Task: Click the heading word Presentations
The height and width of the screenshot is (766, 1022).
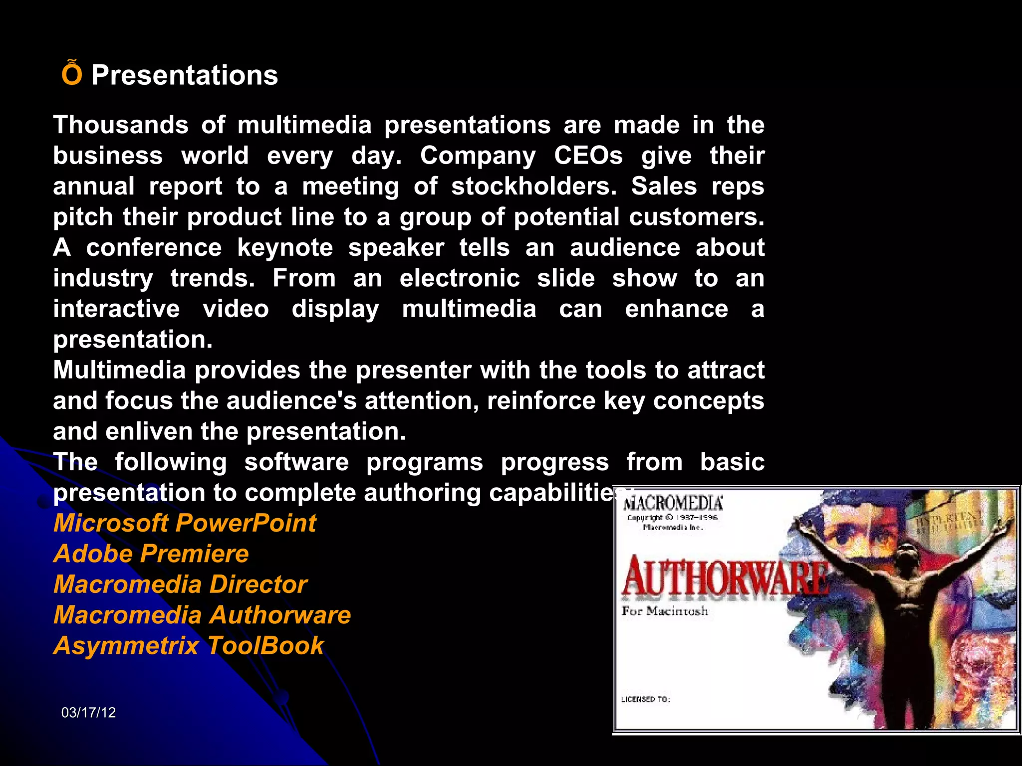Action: pos(184,76)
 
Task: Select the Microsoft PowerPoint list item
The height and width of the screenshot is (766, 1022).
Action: pos(185,523)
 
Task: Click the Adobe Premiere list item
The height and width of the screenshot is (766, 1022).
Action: pos(151,554)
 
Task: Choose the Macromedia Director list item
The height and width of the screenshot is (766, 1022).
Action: pos(180,584)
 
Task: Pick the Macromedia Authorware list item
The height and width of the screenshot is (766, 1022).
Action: pos(202,615)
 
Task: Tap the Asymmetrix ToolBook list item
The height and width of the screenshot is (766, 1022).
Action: pos(189,646)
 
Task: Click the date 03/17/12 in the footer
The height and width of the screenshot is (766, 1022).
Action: pos(88,713)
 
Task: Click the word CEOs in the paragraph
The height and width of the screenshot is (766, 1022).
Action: pos(588,156)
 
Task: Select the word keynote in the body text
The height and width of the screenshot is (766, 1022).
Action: pos(285,248)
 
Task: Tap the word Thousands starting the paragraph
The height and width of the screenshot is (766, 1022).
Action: pos(121,125)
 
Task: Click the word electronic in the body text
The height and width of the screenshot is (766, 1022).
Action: pos(460,278)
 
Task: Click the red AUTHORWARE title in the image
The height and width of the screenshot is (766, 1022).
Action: pos(724,577)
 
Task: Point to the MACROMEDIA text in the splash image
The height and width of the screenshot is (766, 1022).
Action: pos(673,503)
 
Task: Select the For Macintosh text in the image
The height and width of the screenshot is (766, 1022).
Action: pos(665,611)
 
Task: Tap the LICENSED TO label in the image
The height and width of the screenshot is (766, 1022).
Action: pos(645,699)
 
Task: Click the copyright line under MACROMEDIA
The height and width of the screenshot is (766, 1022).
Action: pos(672,518)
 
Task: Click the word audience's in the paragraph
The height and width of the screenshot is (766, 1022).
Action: pos(291,401)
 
